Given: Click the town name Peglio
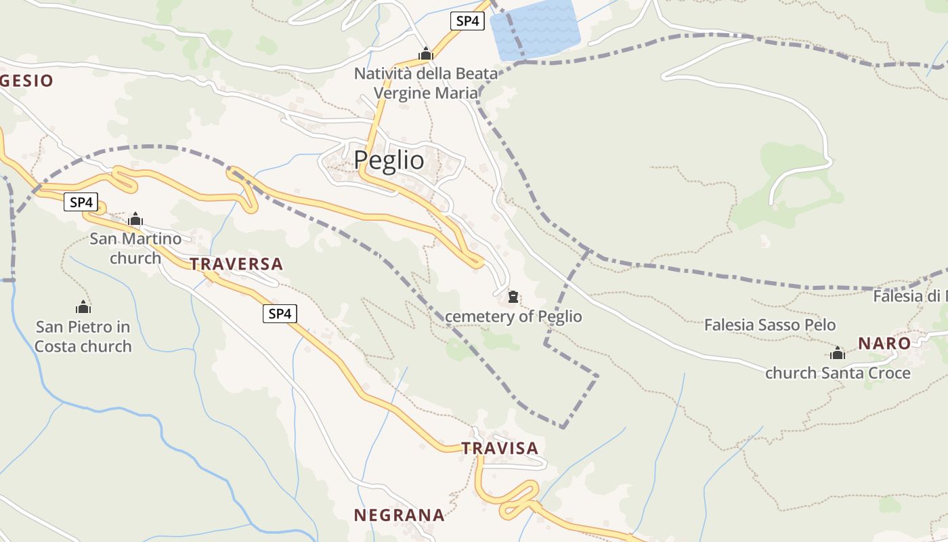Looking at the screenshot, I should point(389,160).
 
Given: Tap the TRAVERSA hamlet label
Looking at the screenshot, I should point(236,264).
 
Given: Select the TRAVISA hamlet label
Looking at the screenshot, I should point(500,448).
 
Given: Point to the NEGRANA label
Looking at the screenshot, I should point(400,515).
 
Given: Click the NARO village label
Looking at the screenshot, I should point(884,343).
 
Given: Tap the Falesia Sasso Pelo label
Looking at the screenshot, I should point(770,325).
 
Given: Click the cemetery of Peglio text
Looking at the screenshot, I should point(513,316).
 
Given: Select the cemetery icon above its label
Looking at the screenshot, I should point(513,297).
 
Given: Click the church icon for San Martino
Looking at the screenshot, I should point(135,219).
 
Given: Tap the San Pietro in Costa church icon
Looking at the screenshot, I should point(83,307).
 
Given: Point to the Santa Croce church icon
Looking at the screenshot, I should point(838,353).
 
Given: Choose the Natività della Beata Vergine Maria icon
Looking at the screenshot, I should point(425,54).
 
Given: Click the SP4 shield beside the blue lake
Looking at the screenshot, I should point(467,21).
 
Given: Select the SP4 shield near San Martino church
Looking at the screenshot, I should point(81,201).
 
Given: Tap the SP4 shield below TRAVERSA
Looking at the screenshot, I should point(280,313).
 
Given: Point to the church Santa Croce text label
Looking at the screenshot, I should point(838,373).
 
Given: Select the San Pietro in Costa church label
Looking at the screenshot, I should point(83,337).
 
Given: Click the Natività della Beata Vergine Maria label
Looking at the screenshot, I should point(426,83).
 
